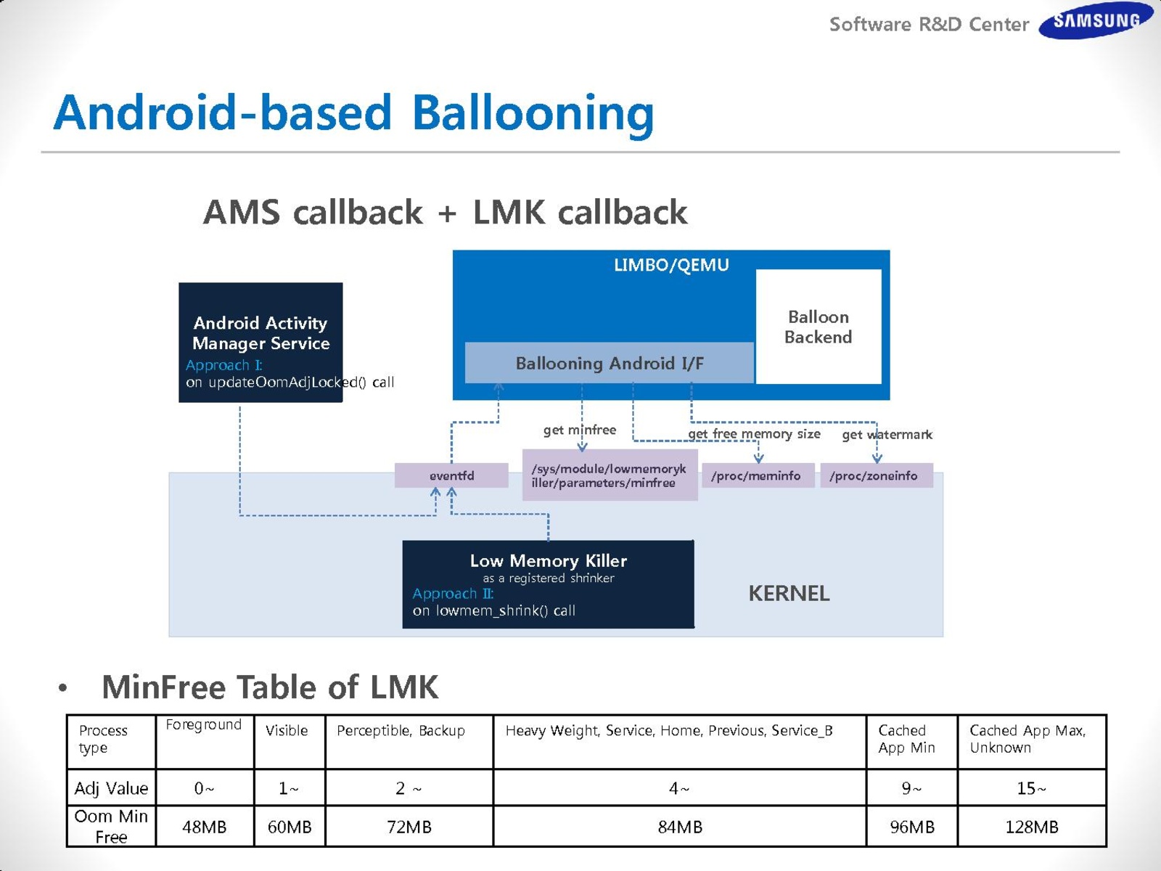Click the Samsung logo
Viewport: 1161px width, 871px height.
(1096, 20)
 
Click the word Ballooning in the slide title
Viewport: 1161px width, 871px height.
(533, 113)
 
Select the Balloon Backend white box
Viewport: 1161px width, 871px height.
(819, 327)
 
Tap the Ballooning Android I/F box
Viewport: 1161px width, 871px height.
(610, 363)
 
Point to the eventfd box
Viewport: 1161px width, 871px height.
(451, 475)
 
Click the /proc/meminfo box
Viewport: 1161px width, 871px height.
(757, 475)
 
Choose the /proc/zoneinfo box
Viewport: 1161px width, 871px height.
(875, 475)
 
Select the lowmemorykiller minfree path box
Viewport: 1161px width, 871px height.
(610, 475)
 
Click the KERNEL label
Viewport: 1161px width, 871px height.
(789, 593)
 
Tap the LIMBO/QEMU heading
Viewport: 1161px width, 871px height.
(671, 265)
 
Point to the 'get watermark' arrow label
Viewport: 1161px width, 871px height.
(887, 435)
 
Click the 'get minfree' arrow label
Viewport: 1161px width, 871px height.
(579, 430)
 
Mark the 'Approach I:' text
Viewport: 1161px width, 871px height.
(223, 365)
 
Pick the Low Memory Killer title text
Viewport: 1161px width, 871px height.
(548, 560)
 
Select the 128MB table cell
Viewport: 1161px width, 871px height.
(1031, 827)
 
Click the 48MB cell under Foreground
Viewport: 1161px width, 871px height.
(205, 827)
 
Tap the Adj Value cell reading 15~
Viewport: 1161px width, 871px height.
(1031, 788)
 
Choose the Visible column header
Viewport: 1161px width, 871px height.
(287, 731)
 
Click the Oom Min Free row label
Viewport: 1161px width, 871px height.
(111, 827)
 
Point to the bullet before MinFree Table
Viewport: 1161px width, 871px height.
(63, 687)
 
